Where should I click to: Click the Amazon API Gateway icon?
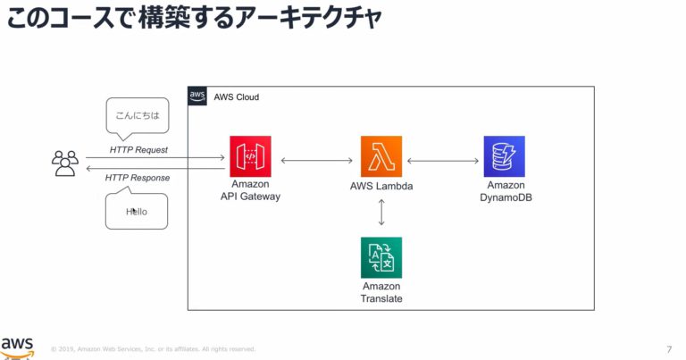(250, 156)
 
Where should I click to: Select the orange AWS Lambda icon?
(381, 156)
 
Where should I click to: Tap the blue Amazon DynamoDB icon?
(504, 156)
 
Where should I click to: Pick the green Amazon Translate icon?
(381, 257)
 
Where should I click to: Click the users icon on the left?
(65, 163)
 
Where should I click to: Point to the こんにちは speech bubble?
(137, 116)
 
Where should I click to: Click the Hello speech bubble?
(137, 212)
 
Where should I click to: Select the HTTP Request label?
(138, 149)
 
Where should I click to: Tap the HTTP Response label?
(138, 178)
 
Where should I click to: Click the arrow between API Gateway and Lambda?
(317, 161)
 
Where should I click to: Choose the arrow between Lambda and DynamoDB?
(443, 161)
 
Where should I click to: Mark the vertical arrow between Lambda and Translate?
(381, 212)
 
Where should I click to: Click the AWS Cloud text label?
(237, 96)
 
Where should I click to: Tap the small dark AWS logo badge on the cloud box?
(197, 96)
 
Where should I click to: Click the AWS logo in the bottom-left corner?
(18, 347)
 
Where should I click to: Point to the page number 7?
(669, 348)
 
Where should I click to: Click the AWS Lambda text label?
(381, 187)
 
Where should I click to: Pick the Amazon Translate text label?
(381, 292)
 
